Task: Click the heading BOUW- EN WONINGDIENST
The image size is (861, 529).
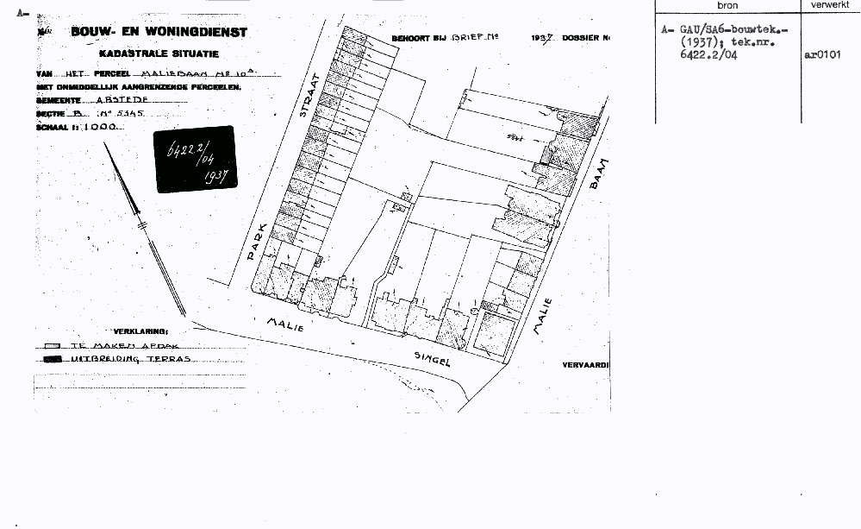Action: click(160, 33)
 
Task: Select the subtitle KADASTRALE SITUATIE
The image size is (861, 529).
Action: click(160, 54)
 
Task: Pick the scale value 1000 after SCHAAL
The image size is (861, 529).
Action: click(106, 125)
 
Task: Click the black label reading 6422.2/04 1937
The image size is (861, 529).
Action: click(195, 159)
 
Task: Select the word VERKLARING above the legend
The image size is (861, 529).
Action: click(141, 331)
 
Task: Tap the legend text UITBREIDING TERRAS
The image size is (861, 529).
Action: click(128, 357)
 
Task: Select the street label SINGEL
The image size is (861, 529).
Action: click(433, 359)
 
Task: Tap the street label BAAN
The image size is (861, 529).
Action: click(601, 176)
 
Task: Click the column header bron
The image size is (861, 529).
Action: click(727, 6)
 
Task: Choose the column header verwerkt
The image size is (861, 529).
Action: click(830, 6)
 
